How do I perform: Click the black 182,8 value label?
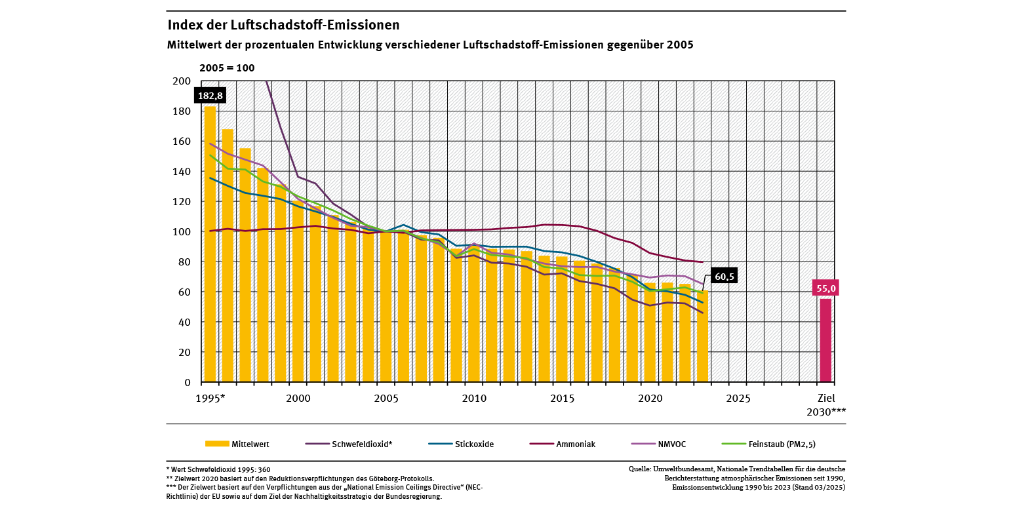click(x=210, y=96)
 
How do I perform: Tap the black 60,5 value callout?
click(x=724, y=275)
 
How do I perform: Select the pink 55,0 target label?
click(x=825, y=288)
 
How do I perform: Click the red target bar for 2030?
click(x=825, y=340)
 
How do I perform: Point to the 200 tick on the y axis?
click(x=182, y=81)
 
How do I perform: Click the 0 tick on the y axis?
click(x=187, y=382)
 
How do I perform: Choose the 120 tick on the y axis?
click(x=182, y=202)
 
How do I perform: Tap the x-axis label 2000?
click(x=298, y=398)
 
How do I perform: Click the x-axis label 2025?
click(x=738, y=398)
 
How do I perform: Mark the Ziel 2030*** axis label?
click(x=826, y=404)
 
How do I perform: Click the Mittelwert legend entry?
click(x=237, y=444)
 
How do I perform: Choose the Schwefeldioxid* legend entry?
click(x=349, y=444)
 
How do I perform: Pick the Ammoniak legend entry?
click(x=562, y=444)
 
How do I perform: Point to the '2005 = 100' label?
click(x=227, y=68)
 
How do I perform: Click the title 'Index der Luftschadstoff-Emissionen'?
click(x=283, y=25)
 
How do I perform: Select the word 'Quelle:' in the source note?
click(x=640, y=469)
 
